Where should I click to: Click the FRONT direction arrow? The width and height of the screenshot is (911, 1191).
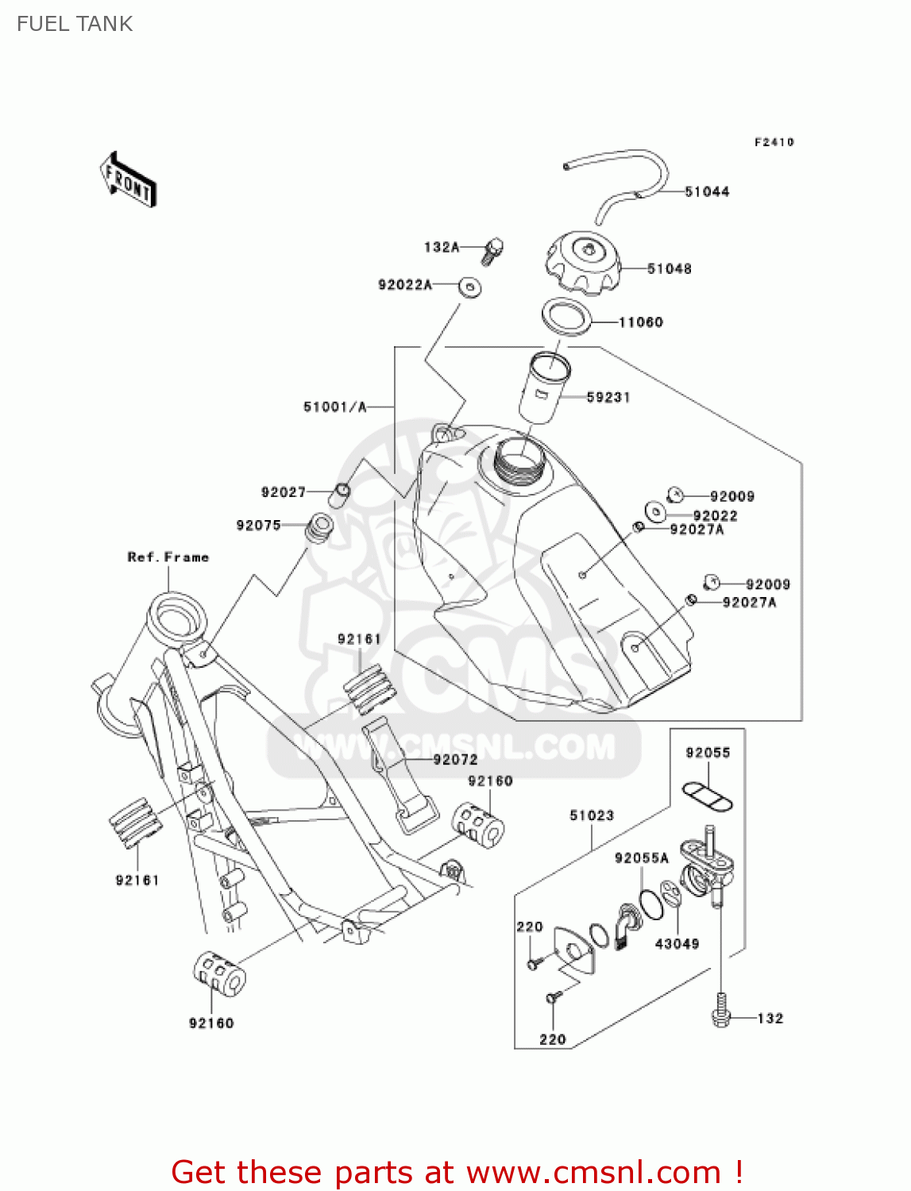tap(128, 180)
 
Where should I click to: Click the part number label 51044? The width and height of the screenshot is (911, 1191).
tap(707, 191)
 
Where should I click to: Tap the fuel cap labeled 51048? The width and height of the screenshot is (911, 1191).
tap(584, 261)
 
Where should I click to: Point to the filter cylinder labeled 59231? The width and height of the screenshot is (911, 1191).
tap(545, 388)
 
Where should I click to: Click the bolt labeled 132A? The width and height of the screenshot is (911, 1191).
tap(492, 250)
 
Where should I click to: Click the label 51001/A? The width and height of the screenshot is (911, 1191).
tap(334, 407)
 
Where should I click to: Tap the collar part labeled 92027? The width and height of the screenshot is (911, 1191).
tap(339, 494)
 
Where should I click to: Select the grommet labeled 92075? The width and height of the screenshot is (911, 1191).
tap(319, 527)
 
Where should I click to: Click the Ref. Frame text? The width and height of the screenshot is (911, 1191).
tap(168, 557)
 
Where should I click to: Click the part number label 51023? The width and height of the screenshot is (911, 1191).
tap(592, 815)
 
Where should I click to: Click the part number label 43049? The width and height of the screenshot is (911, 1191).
tap(677, 944)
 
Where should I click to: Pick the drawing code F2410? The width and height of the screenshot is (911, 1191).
tap(774, 142)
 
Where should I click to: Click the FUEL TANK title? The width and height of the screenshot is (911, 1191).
tap(75, 24)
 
